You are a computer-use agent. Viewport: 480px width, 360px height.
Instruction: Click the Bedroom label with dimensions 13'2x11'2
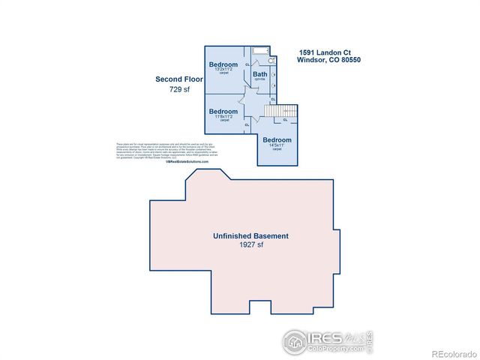(223, 64)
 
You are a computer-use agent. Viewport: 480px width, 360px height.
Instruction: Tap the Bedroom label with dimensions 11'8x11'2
(223, 112)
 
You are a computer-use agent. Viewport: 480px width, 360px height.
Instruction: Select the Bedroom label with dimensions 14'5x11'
(277, 140)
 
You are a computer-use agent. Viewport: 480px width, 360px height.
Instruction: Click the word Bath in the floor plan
(259, 73)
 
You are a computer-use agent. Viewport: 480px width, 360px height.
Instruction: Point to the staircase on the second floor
(284, 112)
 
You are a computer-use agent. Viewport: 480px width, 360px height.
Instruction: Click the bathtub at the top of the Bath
(261, 51)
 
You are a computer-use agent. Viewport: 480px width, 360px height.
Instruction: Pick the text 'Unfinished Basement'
(250, 235)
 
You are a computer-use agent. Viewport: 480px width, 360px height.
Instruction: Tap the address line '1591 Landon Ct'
(319, 52)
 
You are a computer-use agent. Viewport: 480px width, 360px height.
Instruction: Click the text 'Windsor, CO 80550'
(329, 60)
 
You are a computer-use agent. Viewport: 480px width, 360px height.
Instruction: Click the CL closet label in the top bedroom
(247, 65)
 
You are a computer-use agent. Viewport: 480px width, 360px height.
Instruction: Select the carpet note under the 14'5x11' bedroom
(277, 149)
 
